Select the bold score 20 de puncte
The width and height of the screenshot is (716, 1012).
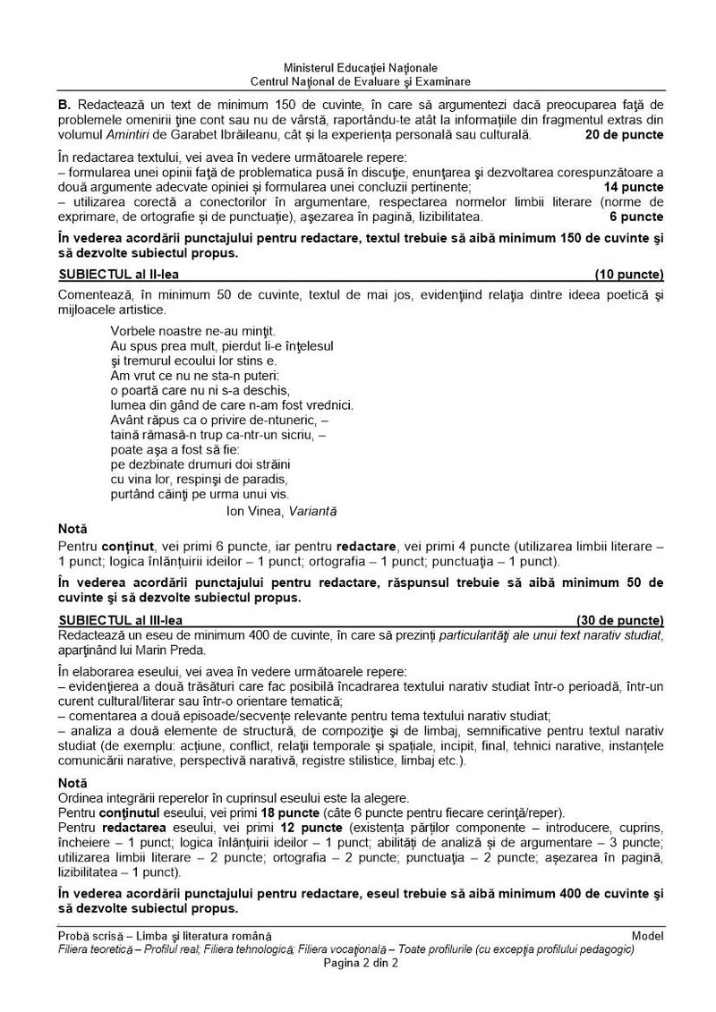click(624, 135)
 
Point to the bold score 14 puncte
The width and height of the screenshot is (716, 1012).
click(633, 186)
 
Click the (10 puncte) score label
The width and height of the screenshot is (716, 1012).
click(628, 274)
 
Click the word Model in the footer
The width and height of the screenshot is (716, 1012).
click(647, 935)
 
